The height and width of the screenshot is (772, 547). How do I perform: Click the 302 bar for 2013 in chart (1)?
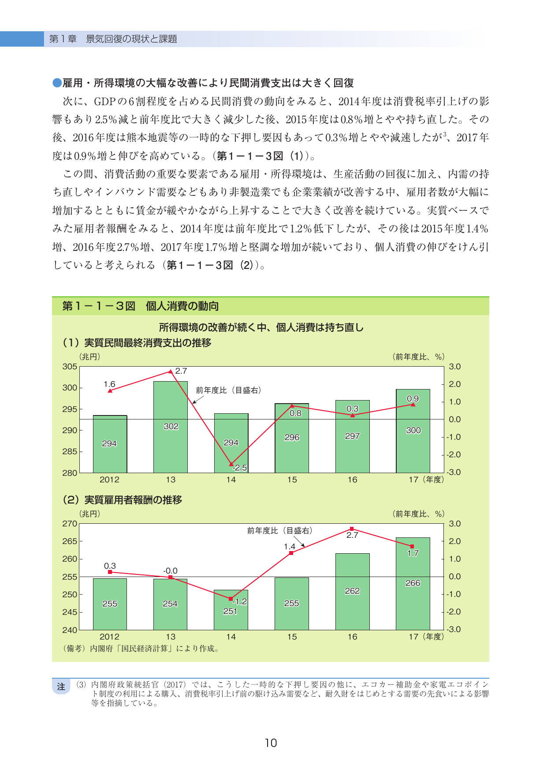coord(171,427)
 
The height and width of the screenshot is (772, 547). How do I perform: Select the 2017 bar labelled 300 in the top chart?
coord(413,431)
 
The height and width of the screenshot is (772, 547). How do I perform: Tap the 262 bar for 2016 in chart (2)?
coord(353,592)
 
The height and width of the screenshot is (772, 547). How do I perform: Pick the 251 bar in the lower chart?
coord(231,610)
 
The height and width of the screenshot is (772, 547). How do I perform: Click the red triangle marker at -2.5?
coord(231,464)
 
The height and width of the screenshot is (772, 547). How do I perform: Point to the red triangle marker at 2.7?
coord(171,371)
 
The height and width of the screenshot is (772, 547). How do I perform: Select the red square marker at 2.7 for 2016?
coord(352,529)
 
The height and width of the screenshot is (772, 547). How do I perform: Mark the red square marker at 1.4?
coord(291,553)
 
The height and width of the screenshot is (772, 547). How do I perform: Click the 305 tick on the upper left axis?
coord(70,367)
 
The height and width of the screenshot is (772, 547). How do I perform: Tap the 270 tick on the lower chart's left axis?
coord(70,524)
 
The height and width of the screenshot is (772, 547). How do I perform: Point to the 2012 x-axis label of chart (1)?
coord(109,480)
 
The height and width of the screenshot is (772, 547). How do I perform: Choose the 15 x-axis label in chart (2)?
coord(292,637)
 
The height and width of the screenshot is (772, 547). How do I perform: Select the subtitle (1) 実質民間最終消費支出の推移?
coord(137,342)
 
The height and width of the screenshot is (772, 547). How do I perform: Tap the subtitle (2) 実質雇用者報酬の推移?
coord(123,500)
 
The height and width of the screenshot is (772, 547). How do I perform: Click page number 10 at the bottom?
coord(271,743)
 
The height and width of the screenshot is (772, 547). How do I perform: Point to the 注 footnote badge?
coord(61,687)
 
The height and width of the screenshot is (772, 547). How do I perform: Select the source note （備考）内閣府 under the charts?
coord(141,648)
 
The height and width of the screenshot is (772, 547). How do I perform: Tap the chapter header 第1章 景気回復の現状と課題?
coord(113,39)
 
